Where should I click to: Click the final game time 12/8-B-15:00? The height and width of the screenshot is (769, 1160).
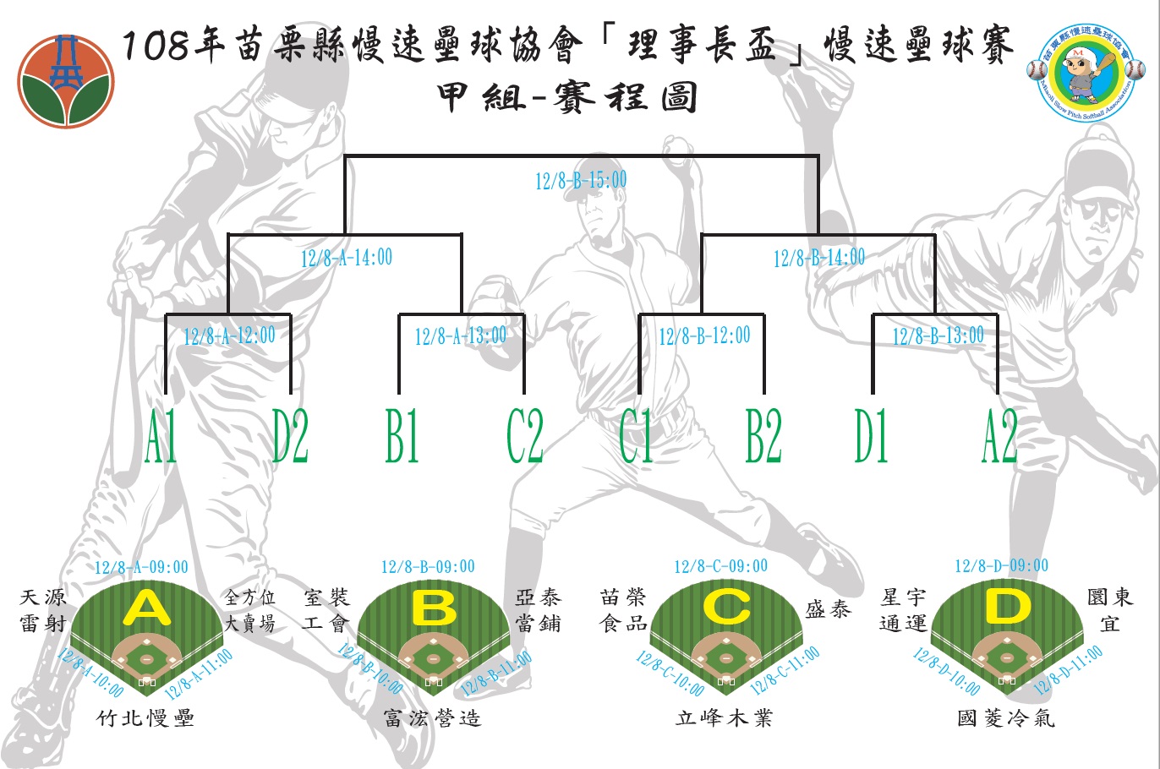[x=581, y=180]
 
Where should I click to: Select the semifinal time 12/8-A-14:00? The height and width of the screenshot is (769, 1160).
[x=347, y=258]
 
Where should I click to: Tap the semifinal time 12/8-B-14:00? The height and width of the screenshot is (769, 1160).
[x=818, y=258]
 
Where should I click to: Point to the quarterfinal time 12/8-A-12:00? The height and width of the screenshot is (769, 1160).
[x=229, y=335]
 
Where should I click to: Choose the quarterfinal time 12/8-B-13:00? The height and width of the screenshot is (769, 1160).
[x=938, y=335]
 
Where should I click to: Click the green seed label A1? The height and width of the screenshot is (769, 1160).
[x=161, y=437]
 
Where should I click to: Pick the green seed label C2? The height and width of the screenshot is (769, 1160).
[x=524, y=437]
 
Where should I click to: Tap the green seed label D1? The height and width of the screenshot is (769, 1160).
[x=871, y=437]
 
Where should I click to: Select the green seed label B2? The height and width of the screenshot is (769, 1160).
[x=763, y=437]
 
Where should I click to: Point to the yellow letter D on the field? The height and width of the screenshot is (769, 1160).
[x=1007, y=606]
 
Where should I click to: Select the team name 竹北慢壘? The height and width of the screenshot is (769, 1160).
[x=146, y=718]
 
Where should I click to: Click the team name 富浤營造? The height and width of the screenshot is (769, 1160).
[x=432, y=718]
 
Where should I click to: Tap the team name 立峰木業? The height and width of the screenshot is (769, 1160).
[x=724, y=718]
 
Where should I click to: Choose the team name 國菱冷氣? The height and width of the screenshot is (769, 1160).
[x=1006, y=718]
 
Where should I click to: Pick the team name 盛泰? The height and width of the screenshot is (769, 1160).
[x=828, y=609]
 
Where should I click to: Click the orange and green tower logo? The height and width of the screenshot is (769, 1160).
[x=66, y=81]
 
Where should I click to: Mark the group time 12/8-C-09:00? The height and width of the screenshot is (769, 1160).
[x=720, y=566]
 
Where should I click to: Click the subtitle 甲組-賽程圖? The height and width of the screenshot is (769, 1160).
[x=567, y=98]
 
